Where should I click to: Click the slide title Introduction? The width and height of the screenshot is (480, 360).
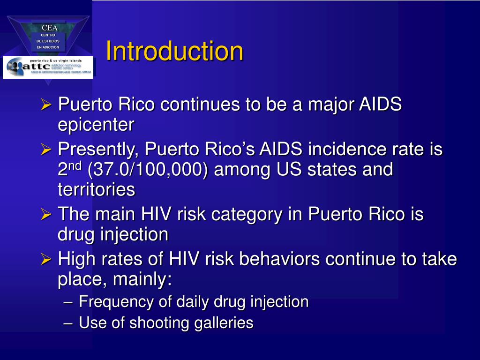point(174,52)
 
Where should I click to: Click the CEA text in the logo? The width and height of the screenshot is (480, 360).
point(49,28)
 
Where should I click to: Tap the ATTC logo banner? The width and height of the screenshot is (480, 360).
point(48,67)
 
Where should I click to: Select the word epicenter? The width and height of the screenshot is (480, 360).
point(96,125)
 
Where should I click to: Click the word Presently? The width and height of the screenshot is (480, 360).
point(98,150)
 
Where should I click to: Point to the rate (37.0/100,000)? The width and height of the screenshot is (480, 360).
point(147,169)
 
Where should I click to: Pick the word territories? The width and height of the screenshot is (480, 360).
point(96,189)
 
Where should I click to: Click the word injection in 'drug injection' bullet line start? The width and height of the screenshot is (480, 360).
point(134,234)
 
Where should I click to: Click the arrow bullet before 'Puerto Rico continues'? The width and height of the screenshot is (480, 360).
point(45,105)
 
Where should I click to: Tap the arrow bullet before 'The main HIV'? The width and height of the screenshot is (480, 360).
point(45,215)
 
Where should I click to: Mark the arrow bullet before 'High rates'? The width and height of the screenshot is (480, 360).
point(45,259)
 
